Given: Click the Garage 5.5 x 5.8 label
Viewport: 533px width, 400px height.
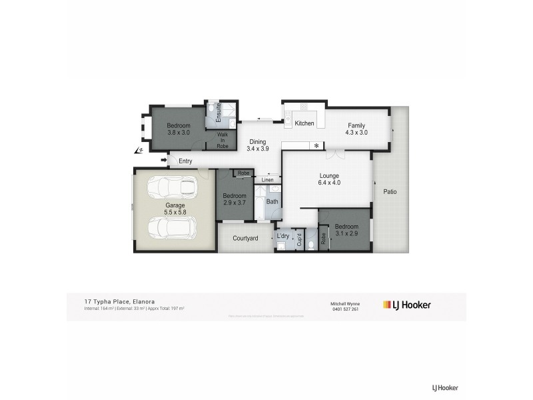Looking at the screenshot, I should [x=175, y=209].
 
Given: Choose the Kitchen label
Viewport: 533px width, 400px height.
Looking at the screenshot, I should [x=304, y=124].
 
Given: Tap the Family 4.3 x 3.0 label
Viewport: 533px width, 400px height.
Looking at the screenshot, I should [x=356, y=129].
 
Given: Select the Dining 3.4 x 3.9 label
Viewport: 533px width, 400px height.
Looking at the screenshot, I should [x=257, y=145].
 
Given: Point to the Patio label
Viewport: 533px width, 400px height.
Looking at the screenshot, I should [x=390, y=192].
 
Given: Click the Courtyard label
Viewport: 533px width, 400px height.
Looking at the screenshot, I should [x=245, y=238].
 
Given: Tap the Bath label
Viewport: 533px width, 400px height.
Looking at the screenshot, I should [x=272, y=201].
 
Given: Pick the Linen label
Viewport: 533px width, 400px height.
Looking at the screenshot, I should [x=267, y=180].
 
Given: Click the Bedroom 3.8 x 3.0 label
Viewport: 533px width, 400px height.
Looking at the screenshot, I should [x=179, y=129].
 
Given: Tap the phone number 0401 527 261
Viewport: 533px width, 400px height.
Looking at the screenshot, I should [x=345, y=309].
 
